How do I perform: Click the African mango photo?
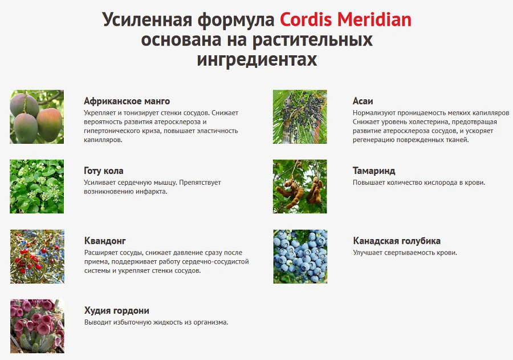36,116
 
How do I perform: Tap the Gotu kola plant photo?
36,187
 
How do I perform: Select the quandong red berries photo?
36,256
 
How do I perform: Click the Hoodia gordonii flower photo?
36,326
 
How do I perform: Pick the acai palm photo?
300,116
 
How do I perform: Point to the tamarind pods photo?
300,187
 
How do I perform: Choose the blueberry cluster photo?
300,256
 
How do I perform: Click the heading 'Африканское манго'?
127,101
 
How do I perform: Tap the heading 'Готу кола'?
103,171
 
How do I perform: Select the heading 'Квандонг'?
105,241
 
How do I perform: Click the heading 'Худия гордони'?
116,310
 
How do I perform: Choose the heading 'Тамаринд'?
374,171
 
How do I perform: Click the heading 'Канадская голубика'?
397,241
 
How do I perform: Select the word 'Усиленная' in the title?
147,19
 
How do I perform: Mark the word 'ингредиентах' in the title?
256,59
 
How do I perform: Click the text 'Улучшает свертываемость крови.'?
405,253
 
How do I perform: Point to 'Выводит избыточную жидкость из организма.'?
156,322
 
